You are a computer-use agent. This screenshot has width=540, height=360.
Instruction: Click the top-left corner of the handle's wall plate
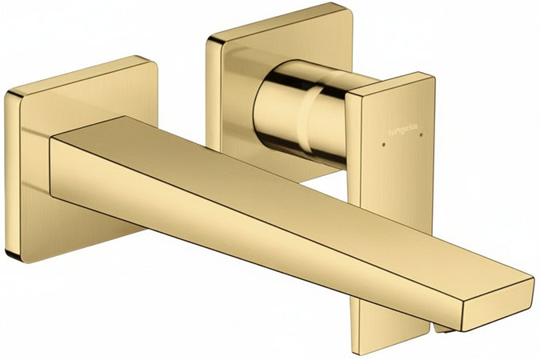pos(210,38)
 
